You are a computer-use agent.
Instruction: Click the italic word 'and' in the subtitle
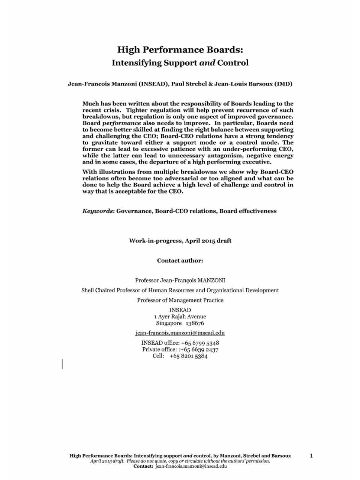point(207,63)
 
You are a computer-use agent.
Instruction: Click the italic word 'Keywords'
point(98,211)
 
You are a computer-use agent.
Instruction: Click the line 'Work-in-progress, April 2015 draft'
point(180,241)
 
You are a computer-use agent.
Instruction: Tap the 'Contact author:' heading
point(180,261)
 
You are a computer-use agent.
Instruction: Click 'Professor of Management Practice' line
point(180,300)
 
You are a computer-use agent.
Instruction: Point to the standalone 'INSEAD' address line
point(180,310)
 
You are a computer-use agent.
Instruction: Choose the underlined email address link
point(180,333)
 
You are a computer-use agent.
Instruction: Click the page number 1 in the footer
point(311,456)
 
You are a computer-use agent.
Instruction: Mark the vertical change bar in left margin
point(62,364)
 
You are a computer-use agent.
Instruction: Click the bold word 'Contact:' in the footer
point(143,466)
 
